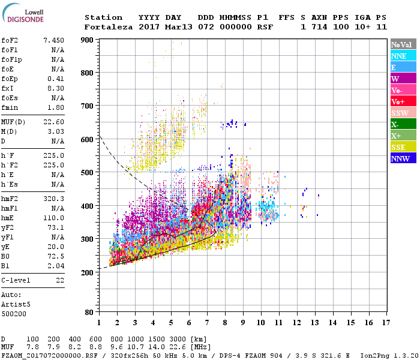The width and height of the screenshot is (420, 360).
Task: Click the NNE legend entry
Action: pos(403,56)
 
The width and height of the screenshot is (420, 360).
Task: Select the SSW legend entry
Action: pos(403,113)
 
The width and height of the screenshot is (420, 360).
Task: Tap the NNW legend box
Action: pos(403,158)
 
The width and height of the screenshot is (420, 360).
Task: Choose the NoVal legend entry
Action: pos(403,44)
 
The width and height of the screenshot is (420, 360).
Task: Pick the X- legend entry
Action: pos(403,124)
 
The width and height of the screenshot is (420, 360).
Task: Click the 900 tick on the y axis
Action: pos(87,40)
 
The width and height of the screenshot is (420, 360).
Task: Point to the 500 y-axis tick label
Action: pos(87,173)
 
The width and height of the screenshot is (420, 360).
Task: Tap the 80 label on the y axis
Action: pos(89,313)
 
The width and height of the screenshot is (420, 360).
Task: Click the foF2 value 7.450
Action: pos(53,40)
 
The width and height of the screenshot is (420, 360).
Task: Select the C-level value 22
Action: pos(59,280)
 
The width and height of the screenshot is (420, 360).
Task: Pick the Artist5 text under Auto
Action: pos(15,304)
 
